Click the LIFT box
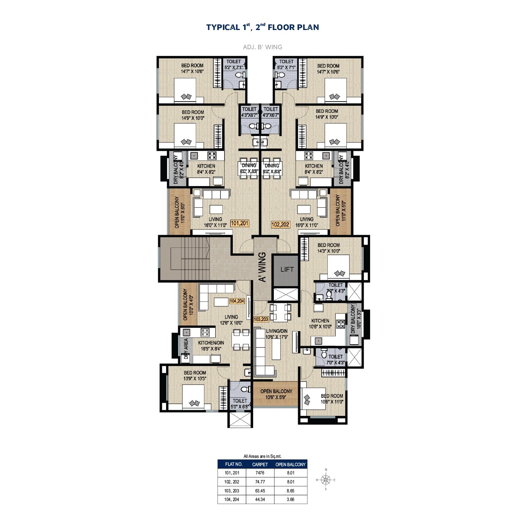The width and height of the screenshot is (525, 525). click(x=287, y=269)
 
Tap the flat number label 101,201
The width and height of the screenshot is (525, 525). click(x=239, y=223)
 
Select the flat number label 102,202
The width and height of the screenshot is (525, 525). click(x=280, y=225)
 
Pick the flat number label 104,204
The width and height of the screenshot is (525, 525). click(x=237, y=301)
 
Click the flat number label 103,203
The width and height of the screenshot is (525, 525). click(x=261, y=319)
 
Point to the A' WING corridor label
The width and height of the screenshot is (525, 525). click(x=262, y=267)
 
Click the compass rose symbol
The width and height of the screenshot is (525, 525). click(x=326, y=480)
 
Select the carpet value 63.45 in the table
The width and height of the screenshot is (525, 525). click(x=260, y=490)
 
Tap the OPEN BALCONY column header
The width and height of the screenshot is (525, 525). click(x=291, y=464)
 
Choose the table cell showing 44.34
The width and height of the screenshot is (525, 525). click(x=260, y=499)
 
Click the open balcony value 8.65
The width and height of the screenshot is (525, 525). click(x=291, y=490)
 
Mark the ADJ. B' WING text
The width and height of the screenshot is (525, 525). click(x=262, y=47)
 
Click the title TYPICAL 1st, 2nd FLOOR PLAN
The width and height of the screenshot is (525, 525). click(x=262, y=27)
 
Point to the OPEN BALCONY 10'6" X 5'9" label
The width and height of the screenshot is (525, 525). click(x=276, y=394)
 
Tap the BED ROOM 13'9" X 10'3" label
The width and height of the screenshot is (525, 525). click(x=195, y=376)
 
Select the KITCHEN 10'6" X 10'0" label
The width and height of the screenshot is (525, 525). click(x=320, y=324)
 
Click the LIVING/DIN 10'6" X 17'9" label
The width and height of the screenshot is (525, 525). click(x=277, y=334)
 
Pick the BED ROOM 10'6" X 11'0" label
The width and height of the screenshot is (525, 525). click(x=332, y=399)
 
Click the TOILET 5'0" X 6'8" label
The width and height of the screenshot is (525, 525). click(x=240, y=403)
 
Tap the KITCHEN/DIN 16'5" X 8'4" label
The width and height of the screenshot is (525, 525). click(x=211, y=346)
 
